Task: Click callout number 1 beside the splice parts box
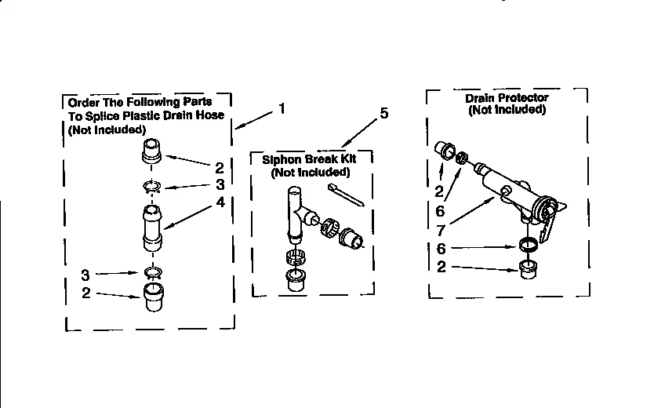click(x=282, y=109)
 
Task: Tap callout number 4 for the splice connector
click(x=220, y=202)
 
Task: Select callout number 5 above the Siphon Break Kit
click(x=383, y=114)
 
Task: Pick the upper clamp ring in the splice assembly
click(x=151, y=187)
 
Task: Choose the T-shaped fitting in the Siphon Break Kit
click(x=296, y=212)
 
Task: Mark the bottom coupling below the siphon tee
click(x=296, y=280)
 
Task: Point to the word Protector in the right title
click(x=522, y=98)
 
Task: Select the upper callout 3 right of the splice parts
click(x=220, y=185)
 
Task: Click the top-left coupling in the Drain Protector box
click(x=445, y=150)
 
